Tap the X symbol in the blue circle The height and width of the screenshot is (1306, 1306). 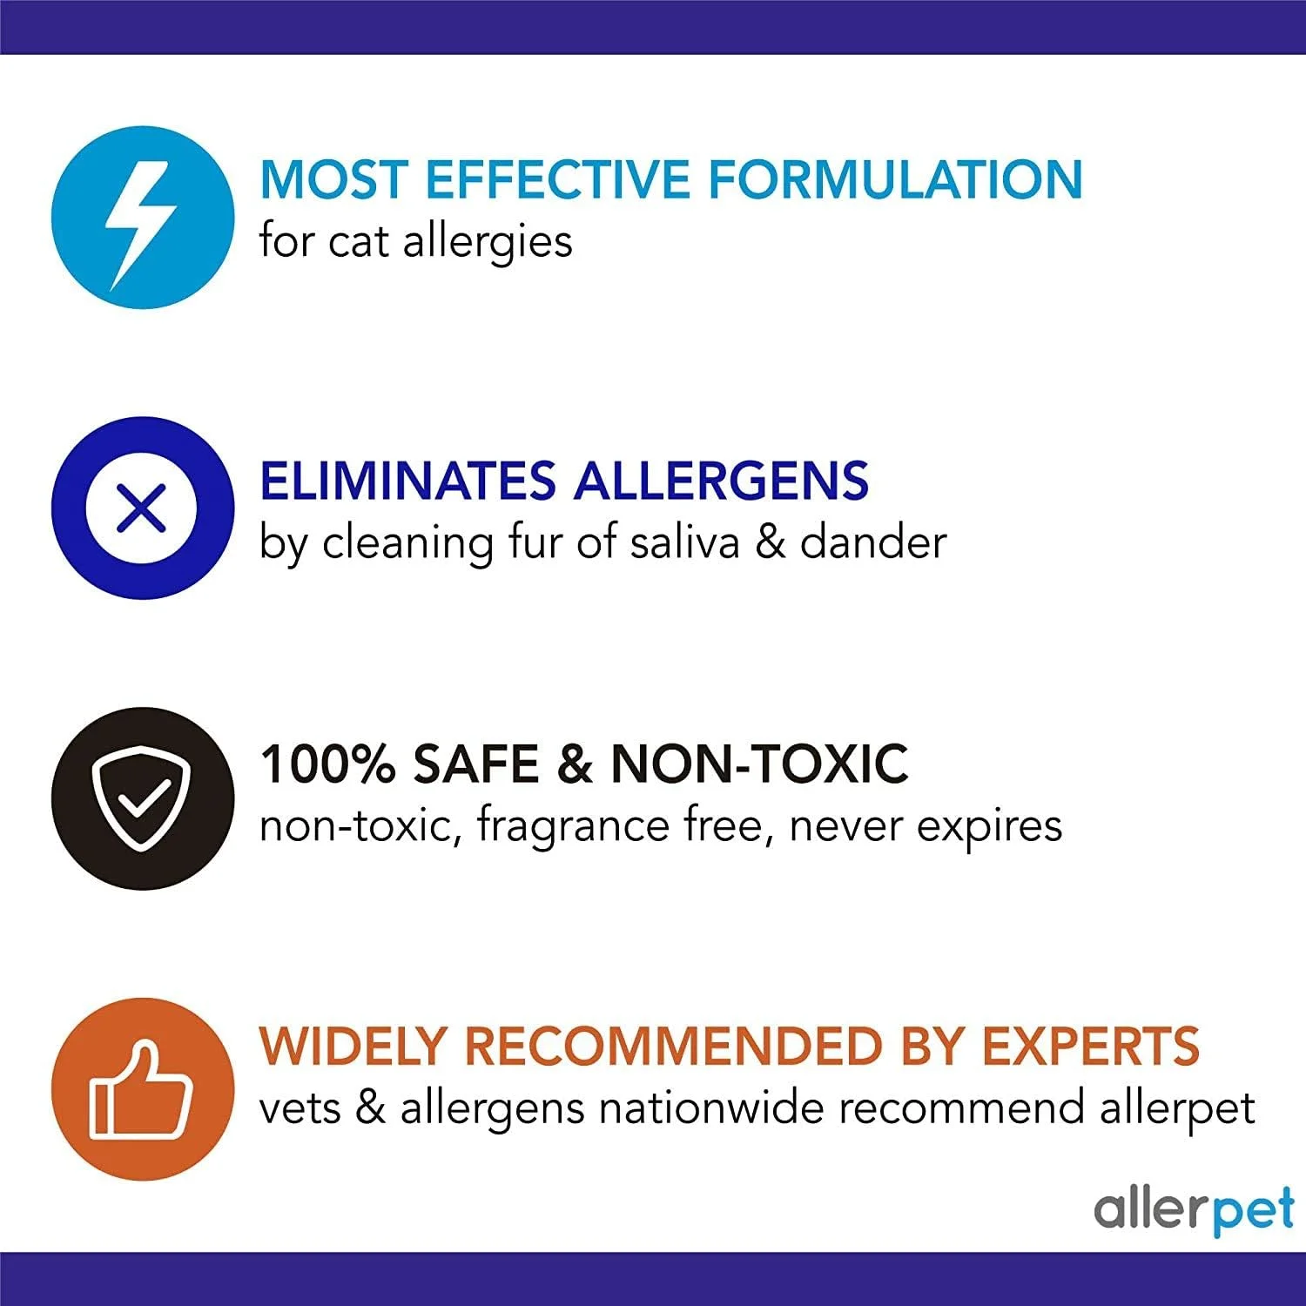click(142, 508)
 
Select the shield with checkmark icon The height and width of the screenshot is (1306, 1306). click(143, 797)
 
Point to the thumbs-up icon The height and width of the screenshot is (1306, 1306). click(142, 1091)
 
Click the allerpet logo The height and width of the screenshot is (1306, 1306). click(1193, 1209)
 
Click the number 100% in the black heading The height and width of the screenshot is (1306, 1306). click(326, 764)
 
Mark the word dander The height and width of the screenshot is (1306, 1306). click(872, 542)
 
